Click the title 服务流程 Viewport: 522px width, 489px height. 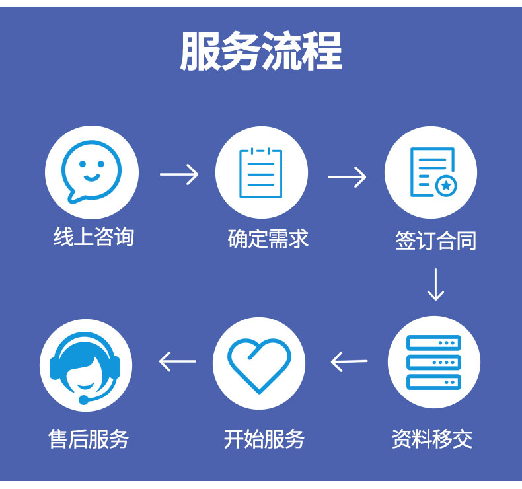tap(261, 51)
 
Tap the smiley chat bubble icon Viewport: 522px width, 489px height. tap(92, 172)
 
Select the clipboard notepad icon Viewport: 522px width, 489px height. tap(261, 172)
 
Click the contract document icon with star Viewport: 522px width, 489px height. tap(431, 172)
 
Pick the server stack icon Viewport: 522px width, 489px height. tap(433, 362)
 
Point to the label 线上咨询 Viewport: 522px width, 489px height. tap(94, 237)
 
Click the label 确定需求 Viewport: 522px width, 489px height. tap(268, 238)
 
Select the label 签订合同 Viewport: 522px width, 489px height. tap(435, 241)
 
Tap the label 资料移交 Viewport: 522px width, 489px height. tap(432, 439)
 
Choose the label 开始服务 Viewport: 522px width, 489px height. tap(264, 439)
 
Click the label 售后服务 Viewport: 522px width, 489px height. tap(89, 439)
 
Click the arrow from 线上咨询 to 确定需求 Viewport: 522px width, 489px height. tap(179, 174)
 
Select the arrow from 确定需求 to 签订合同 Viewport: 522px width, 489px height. tap(347, 176)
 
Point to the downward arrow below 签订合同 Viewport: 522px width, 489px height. tap(435, 284)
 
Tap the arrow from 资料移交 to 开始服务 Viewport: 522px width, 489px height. tap(349, 361)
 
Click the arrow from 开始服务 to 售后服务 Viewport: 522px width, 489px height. tap(178, 361)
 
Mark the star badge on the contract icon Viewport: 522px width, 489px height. tap(447, 186)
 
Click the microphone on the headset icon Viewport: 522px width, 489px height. tap(84, 399)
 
